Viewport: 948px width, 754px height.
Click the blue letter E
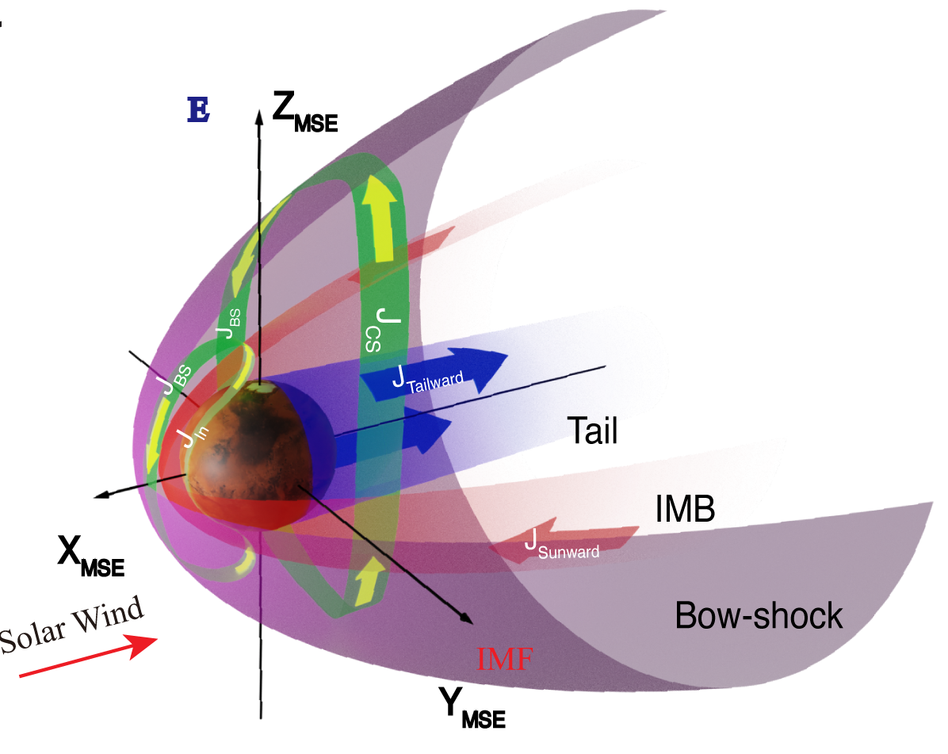click(198, 111)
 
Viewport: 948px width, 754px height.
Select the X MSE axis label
click(90, 556)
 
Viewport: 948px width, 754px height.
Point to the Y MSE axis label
click(472, 706)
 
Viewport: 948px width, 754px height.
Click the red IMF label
click(503, 660)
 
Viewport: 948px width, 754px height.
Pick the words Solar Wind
click(73, 626)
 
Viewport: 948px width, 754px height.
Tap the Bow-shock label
click(759, 615)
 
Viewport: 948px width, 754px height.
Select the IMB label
click(685, 510)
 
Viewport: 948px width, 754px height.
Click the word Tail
click(591, 432)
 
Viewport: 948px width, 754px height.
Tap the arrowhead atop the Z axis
click(258, 116)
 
